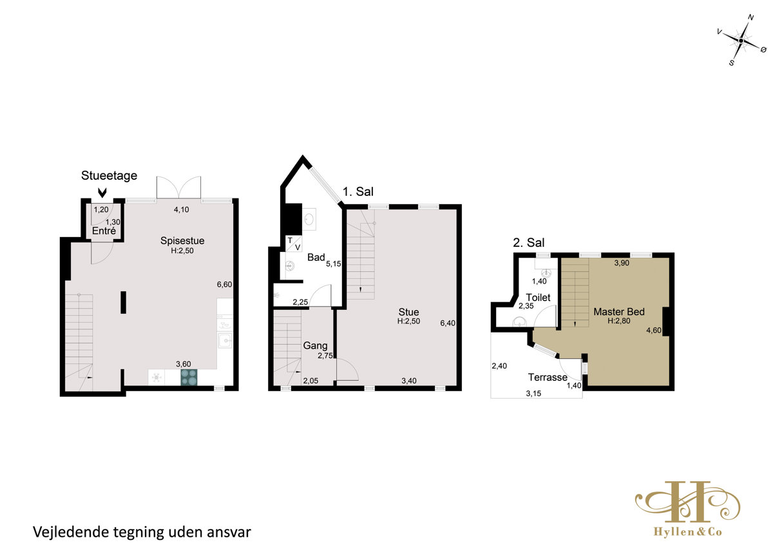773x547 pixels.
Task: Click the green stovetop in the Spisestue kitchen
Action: click(189, 377)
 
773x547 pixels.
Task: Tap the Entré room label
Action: click(104, 231)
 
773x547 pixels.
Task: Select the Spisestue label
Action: click(182, 240)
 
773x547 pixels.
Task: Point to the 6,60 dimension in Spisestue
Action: click(224, 284)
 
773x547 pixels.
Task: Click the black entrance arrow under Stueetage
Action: click(102, 193)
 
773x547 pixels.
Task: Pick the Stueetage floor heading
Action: click(109, 175)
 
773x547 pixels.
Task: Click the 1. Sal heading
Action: click(358, 191)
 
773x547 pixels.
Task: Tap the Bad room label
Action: click(316, 257)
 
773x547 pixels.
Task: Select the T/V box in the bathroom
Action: click(294, 244)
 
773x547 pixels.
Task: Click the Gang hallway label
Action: click(315, 346)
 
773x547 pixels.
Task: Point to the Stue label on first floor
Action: click(408, 312)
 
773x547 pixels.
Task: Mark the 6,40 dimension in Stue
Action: click(448, 323)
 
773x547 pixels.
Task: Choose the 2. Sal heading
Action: click(528, 243)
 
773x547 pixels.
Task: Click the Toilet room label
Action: click(538, 297)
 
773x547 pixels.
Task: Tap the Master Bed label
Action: click(619, 312)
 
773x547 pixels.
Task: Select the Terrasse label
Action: click(548, 377)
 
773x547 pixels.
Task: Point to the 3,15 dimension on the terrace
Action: click(533, 394)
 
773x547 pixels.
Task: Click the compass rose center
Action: click(741, 41)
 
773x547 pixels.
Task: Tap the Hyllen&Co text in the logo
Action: click(688, 532)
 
